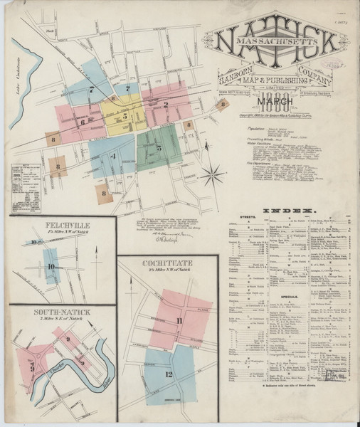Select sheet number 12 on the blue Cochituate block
pyautogui.click(x=169, y=374)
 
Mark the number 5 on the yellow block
pyautogui.click(x=125, y=114)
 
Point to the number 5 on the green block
pyautogui.click(x=160, y=148)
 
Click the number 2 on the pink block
pyautogui.click(x=165, y=105)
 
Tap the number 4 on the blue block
pyautogui.click(x=112, y=156)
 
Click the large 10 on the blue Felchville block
pyautogui.click(x=51, y=268)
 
